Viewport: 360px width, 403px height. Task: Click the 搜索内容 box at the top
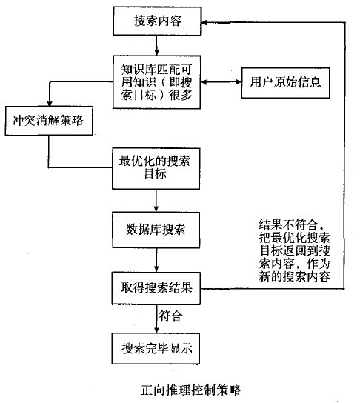coord(156,21)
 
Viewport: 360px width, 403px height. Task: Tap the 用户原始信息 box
coord(285,81)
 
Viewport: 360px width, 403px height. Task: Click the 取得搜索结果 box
coord(156,287)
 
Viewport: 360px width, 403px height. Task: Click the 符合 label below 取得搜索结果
coord(171,316)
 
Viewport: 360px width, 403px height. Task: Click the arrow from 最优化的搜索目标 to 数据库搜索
coord(156,199)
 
